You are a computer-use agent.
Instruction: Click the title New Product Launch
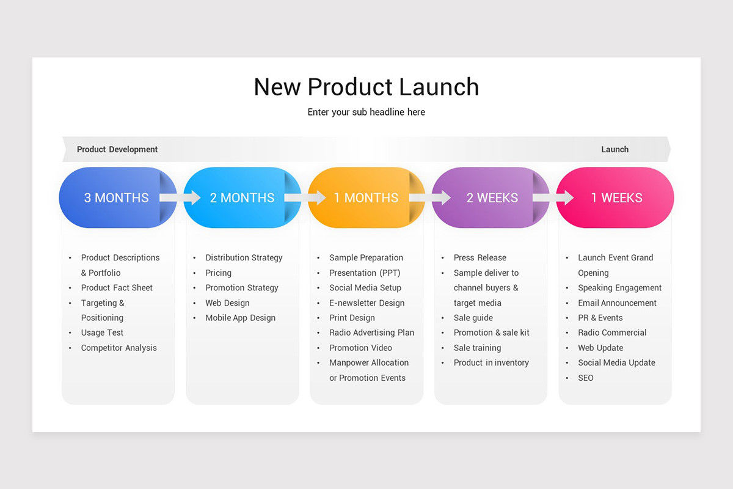366,87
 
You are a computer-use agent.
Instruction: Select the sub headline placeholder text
366,112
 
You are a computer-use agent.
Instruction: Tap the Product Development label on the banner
117,149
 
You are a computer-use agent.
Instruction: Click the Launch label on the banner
614,149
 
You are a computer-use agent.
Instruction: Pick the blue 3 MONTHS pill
110,197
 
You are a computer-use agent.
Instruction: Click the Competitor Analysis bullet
119,348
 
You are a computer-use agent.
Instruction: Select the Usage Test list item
102,333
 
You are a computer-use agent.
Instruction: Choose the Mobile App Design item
240,318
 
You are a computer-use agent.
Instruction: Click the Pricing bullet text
218,273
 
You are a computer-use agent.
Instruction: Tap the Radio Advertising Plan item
371,333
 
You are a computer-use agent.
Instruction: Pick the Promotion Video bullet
360,348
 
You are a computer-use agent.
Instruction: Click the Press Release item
480,257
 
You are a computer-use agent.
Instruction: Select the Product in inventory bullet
491,362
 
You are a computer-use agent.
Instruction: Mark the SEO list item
585,378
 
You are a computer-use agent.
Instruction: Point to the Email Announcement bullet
617,303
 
